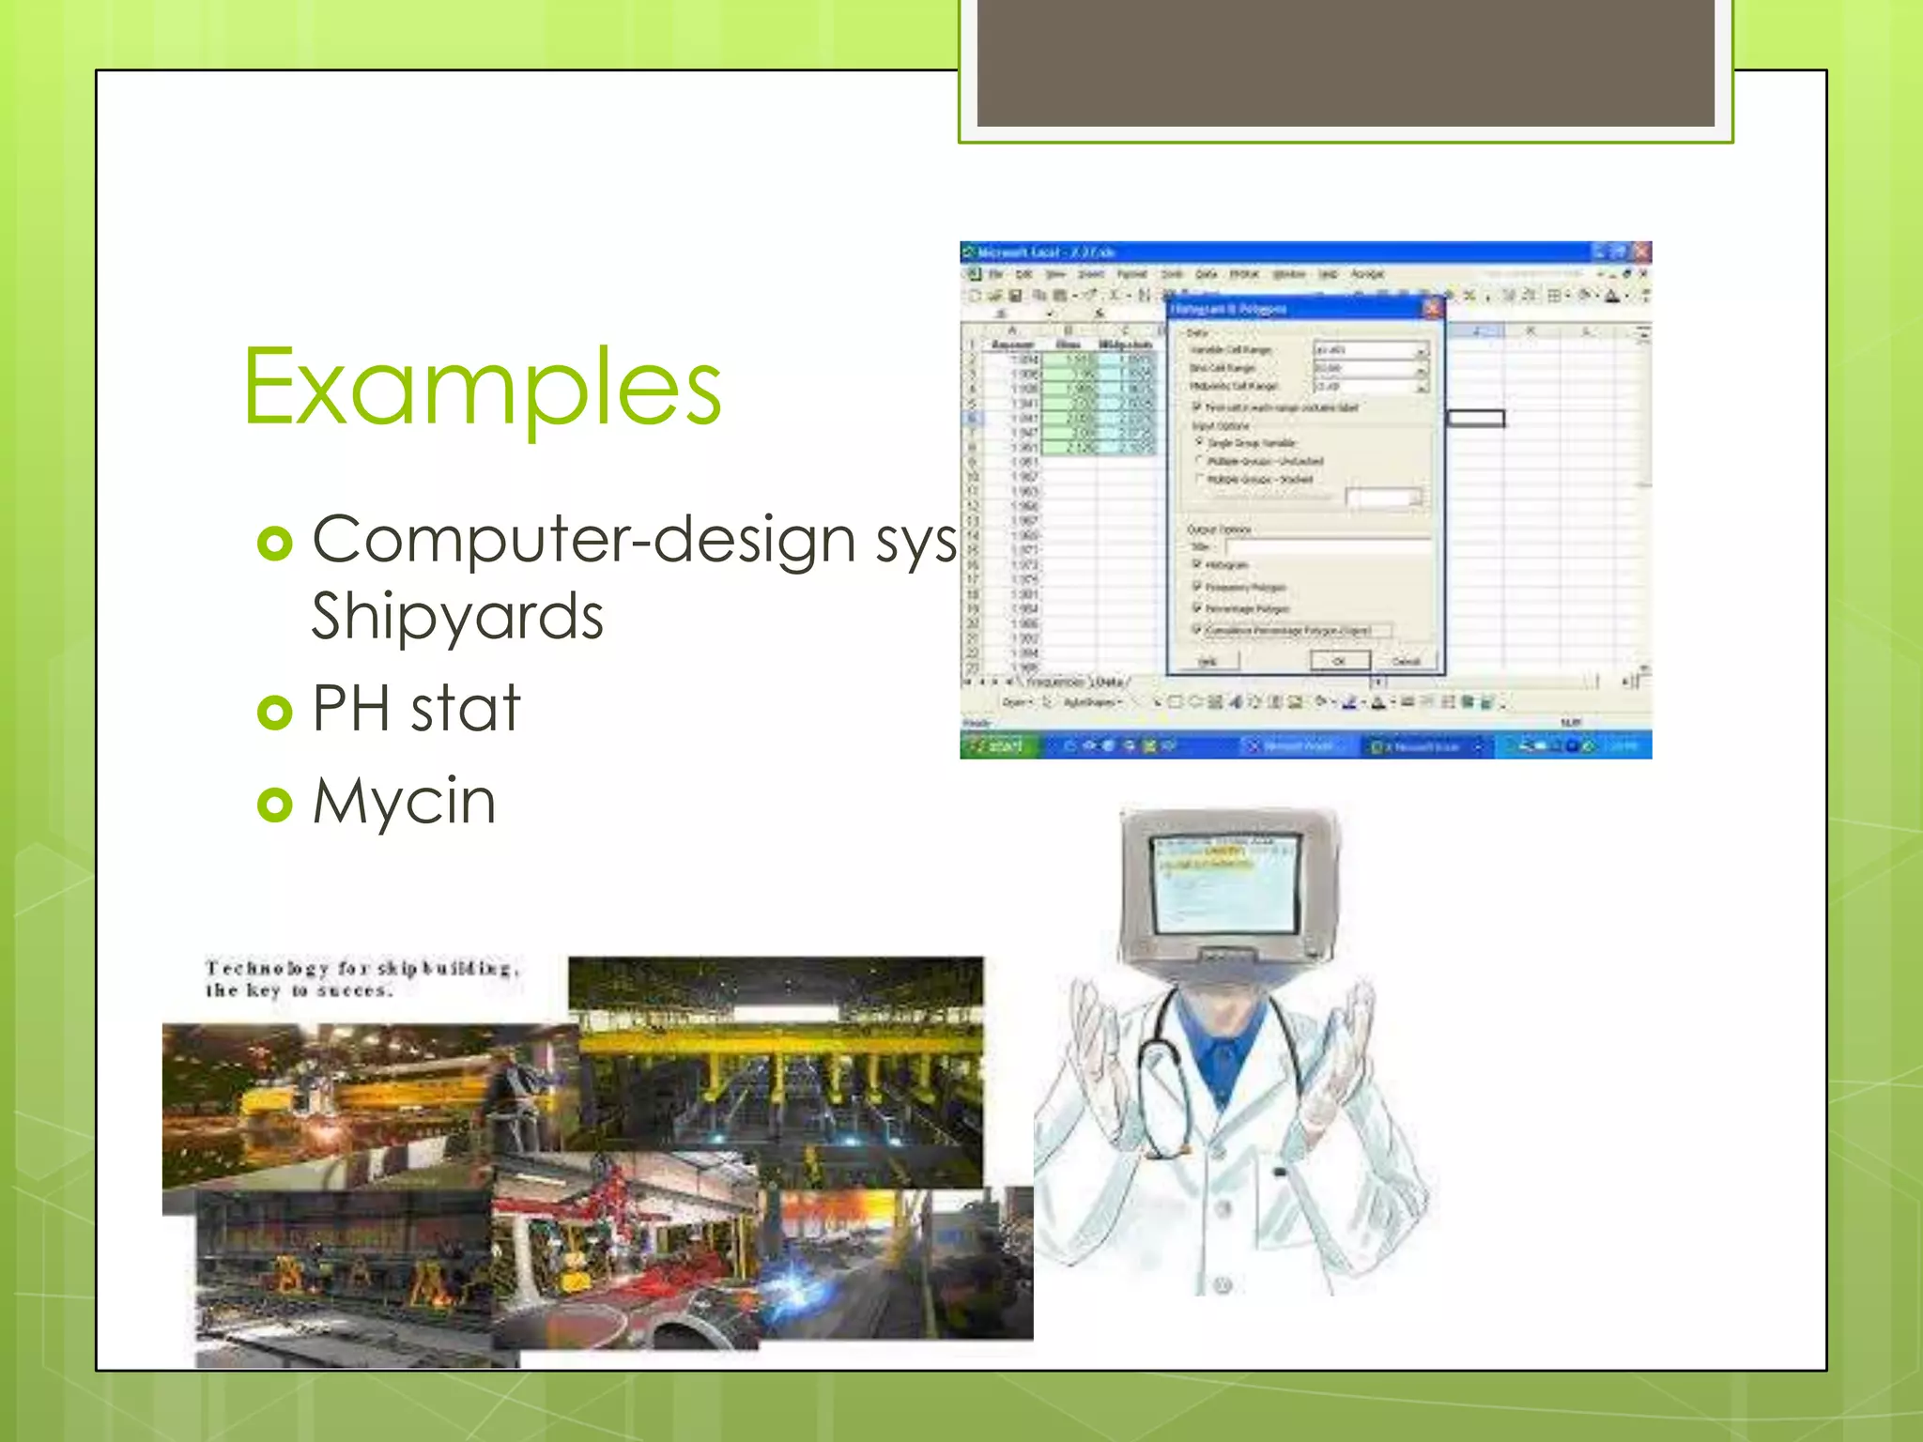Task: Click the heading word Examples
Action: (482, 387)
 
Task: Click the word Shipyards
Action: (457, 617)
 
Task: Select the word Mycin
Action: (404, 802)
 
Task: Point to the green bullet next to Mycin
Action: (275, 805)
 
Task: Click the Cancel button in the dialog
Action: (1406, 661)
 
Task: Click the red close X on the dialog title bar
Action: (1432, 308)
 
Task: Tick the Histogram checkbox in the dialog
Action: (1197, 564)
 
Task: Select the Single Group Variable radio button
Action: (1199, 441)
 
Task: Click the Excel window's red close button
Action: (1641, 252)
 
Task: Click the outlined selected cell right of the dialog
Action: (1475, 419)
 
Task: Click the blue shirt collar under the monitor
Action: (1221, 1033)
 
